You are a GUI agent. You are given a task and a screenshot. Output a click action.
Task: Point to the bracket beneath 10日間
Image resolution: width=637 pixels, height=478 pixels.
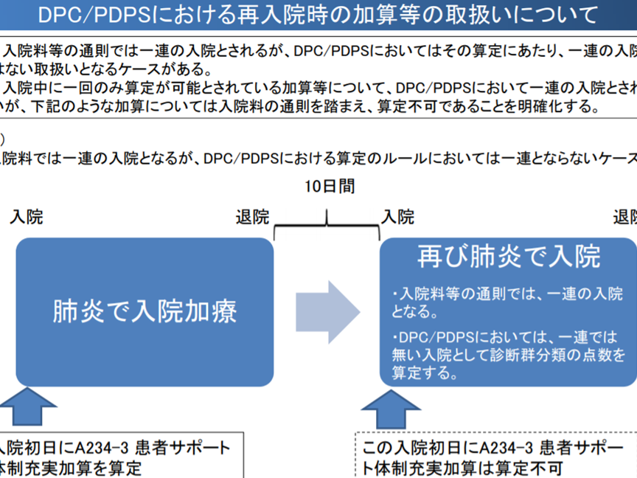327,224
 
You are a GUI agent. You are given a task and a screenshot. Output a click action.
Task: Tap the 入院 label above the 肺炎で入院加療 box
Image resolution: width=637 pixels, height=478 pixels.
27,217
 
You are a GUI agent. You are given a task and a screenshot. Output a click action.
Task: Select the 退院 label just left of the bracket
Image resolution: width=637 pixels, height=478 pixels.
252,217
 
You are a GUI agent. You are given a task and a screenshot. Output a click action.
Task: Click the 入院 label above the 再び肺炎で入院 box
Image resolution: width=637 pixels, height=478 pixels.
397,217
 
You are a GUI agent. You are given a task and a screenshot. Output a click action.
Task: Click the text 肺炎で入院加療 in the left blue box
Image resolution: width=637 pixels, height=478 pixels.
145,311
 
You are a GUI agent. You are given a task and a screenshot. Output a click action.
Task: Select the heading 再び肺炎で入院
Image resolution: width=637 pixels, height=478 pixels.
509,257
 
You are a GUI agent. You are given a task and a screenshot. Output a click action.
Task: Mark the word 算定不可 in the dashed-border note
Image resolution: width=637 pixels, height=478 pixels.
536,468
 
